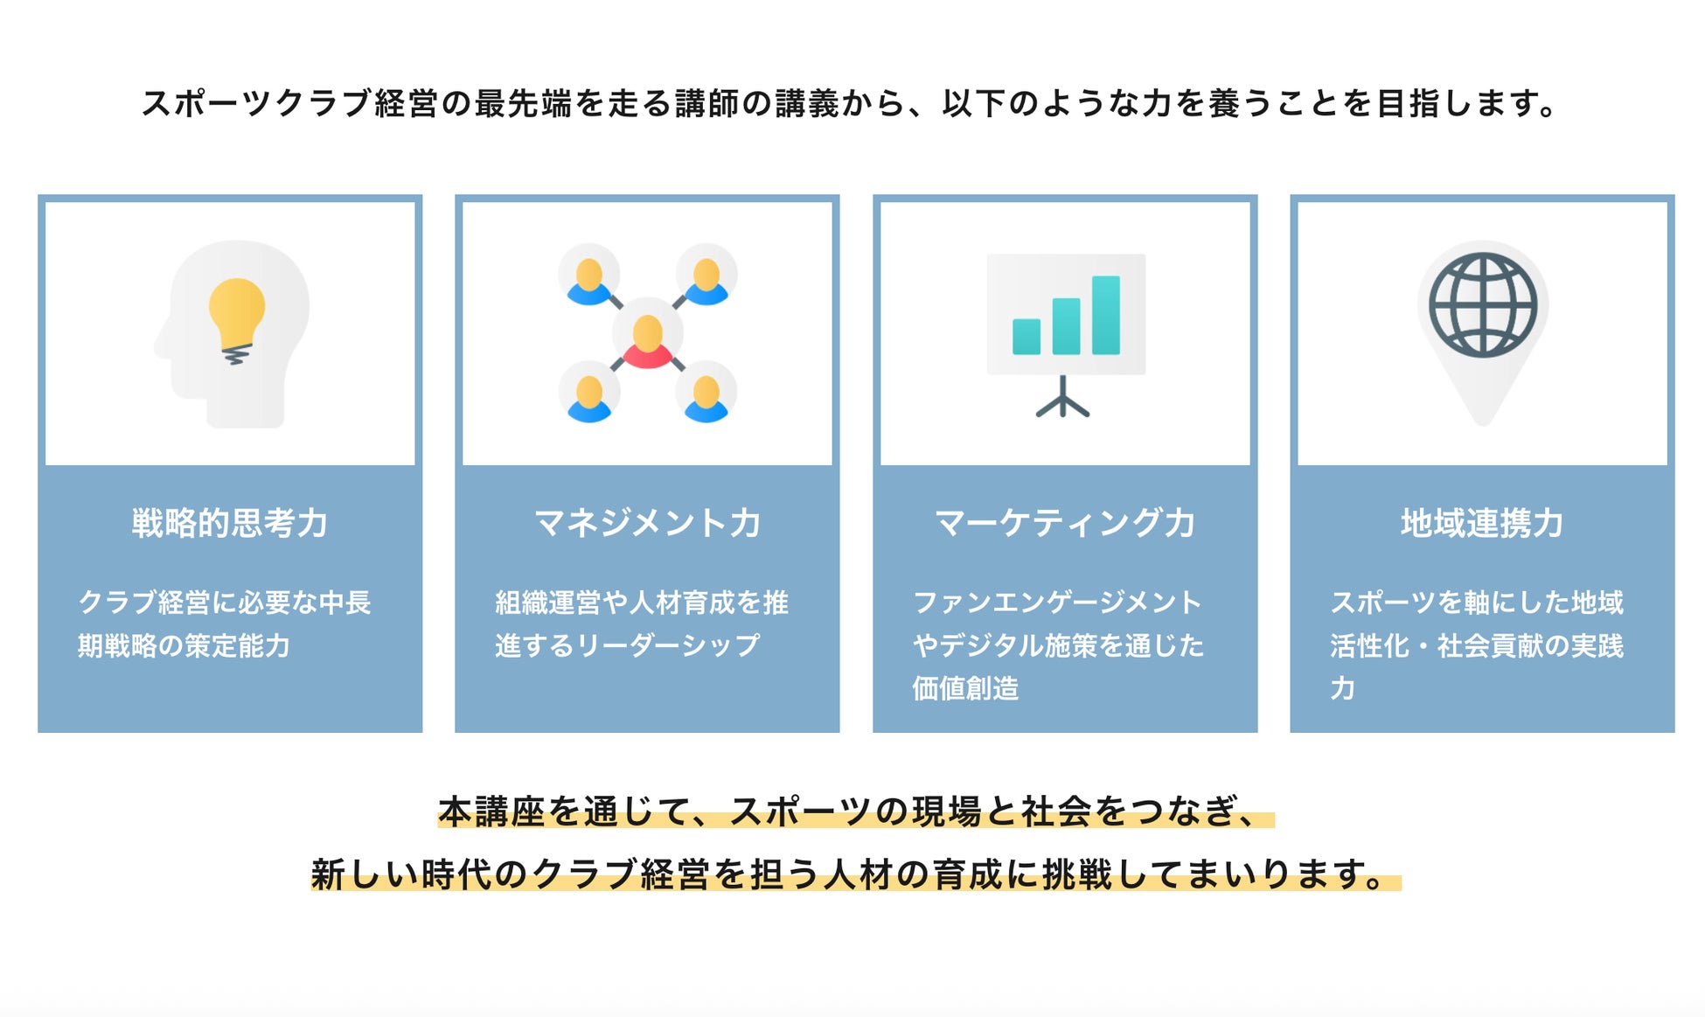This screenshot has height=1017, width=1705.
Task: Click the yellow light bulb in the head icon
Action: pos(236,314)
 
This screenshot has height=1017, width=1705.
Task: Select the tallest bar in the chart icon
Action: pos(1105,315)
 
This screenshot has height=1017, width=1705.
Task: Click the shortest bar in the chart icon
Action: pos(1026,336)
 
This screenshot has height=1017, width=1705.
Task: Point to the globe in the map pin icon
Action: pos(1482,305)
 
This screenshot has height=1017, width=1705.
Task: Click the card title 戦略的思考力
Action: pos(230,523)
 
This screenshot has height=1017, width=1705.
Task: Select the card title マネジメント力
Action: pos(647,523)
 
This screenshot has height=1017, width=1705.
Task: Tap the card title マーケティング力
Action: pos(1065,523)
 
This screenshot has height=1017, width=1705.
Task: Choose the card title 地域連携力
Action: pos(1482,523)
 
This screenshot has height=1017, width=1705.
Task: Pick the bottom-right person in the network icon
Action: pos(706,399)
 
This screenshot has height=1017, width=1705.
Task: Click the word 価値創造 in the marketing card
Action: pos(965,688)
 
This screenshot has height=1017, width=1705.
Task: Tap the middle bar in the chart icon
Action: pos(1066,325)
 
